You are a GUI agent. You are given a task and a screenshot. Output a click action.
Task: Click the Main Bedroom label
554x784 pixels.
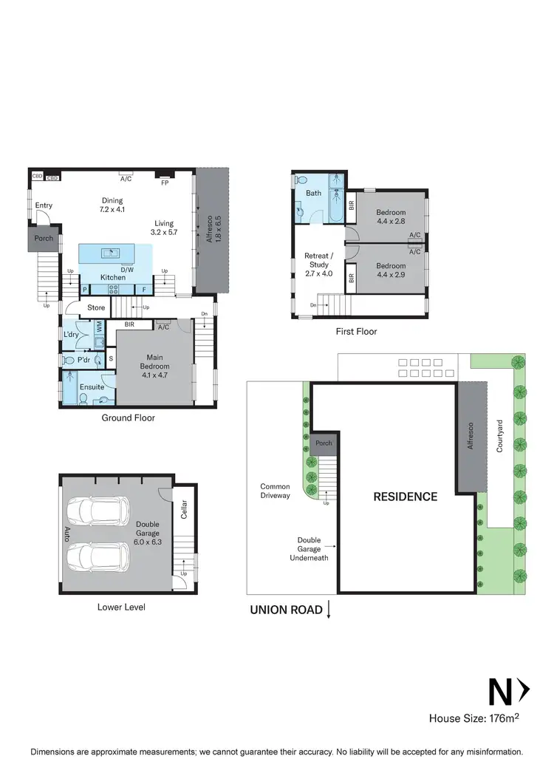[x=155, y=367]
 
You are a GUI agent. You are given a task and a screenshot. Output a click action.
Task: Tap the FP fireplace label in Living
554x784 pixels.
[x=164, y=179]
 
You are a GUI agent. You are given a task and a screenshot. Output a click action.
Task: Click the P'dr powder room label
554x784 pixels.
[x=83, y=360]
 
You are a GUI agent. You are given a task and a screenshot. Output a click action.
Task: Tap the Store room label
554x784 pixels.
[x=97, y=307]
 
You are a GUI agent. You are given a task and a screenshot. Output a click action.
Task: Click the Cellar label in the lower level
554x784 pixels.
[x=185, y=509]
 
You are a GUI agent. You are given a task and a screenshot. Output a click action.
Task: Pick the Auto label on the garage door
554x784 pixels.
[x=67, y=531]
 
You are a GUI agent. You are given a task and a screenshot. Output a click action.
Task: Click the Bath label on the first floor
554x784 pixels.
[x=314, y=194]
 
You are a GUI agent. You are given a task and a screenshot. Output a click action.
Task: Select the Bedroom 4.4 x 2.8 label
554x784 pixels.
[x=391, y=217]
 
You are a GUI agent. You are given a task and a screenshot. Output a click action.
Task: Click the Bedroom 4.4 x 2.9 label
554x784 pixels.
[x=391, y=270]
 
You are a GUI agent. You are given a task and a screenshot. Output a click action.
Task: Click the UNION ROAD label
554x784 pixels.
[x=286, y=610]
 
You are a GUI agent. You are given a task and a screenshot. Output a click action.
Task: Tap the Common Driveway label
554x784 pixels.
[x=275, y=491]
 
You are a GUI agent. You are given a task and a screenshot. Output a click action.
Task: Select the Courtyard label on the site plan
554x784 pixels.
[x=499, y=437]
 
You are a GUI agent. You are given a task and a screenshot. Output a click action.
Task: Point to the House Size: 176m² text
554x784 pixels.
[x=476, y=717]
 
